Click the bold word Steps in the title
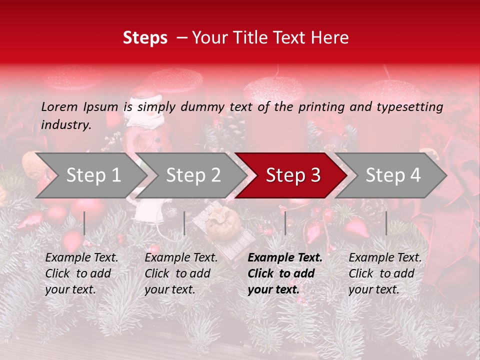coord(145,38)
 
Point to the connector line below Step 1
coord(84,223)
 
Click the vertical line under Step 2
coord(184,223)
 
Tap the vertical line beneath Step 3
coord(285,223)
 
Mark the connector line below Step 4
coord(386,223)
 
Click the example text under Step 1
coord(81,273)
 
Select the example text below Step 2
coord(181,273)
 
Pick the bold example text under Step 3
coord(285,273)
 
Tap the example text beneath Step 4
coord(385,273)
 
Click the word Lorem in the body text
coord(59,107)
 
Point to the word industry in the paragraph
coord(66,125)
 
